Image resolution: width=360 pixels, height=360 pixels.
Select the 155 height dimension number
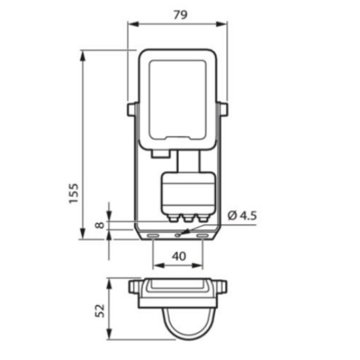(x=74, y=194)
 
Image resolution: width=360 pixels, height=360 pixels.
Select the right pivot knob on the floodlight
(x=223, y=110)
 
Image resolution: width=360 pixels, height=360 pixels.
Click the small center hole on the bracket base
(x=177, y=234)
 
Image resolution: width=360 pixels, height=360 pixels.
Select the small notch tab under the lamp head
(x=157, y=154)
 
